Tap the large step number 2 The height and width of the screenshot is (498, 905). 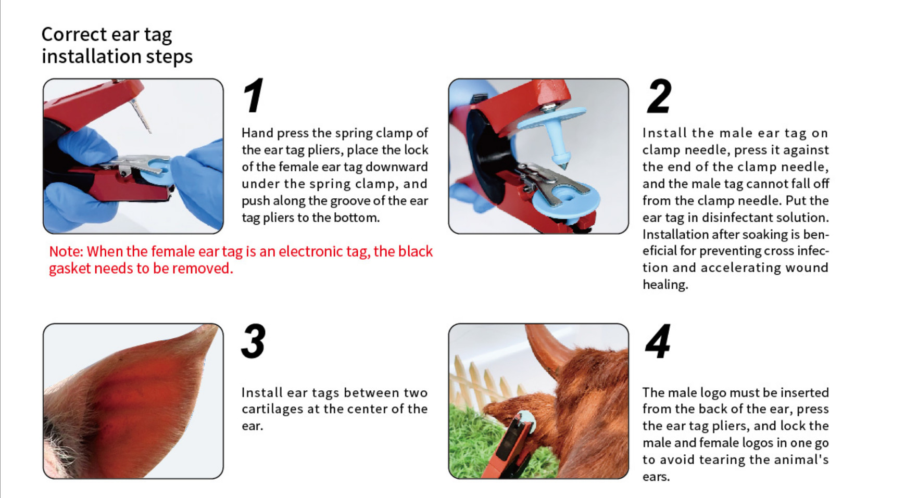coord(659,96)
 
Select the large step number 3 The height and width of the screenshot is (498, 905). coord(254,341)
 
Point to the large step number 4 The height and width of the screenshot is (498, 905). coord(658,341)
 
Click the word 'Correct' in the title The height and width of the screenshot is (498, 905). coord(74,34)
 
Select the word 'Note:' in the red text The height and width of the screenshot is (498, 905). coord(66,251)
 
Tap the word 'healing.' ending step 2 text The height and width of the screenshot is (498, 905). coord(665,285)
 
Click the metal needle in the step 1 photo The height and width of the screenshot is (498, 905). coord(141,116)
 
